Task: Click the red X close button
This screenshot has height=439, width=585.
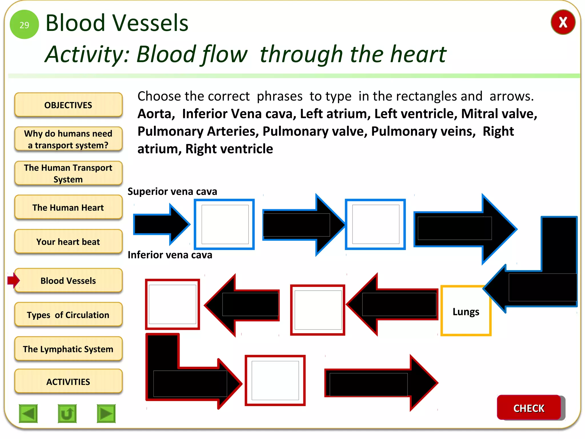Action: coord(562,22)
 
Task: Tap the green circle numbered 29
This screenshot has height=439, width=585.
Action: coord(24,25)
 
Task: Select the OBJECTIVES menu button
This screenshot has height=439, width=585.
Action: coord(68,105)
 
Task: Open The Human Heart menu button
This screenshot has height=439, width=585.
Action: coord(68,207)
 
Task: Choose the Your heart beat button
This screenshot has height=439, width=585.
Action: coord(68,242)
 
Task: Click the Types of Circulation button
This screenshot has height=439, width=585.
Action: coord(68,315)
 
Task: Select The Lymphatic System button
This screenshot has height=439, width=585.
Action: coord(68,349)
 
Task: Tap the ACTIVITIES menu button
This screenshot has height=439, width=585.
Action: coord(68,382)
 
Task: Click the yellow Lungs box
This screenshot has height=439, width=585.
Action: coord(466,311)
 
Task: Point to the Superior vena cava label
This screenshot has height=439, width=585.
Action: coord(172,191)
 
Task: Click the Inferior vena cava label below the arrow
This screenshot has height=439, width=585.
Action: coord(170,255)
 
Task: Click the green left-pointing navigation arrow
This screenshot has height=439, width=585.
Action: coord(28,413)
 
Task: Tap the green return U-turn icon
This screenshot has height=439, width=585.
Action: coord(67,413)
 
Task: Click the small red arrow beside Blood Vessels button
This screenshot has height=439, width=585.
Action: coord(13,280)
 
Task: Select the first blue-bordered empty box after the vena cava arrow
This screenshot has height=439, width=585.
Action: coord(225,224)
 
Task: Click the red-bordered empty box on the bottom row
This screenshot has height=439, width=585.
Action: coord(275,380)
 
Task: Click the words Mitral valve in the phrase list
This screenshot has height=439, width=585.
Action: coord(499,114)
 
